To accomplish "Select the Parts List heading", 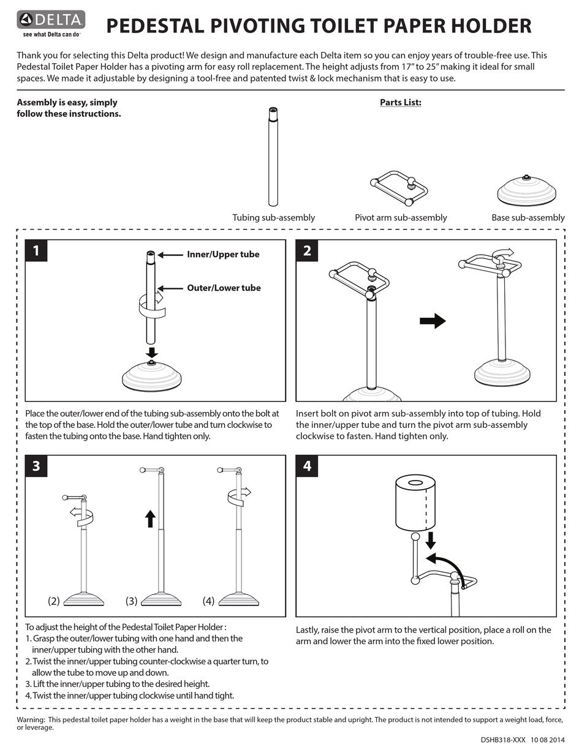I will [400, 102].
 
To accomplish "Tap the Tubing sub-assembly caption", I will [273, 217].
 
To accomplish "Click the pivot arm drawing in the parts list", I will [398, 187].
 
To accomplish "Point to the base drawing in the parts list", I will [526, 191].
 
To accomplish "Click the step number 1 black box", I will [36, 250].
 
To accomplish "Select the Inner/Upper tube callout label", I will [223, 255].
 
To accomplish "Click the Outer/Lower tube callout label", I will [224, 288].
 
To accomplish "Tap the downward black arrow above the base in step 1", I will [152, 353].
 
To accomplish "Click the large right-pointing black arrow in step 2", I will [433, 321].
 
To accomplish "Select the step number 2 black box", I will [307, 250].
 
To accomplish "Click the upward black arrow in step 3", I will [150, 519].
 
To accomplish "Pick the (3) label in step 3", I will [131, 601].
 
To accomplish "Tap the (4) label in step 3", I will [208, 601].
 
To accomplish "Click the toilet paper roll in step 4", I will [415, 503].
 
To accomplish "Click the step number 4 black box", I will [307, 466].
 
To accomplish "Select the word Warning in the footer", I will [31, 719].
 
